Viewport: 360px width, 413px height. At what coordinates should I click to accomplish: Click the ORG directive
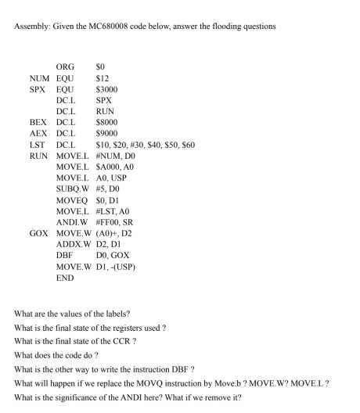click(67, 67)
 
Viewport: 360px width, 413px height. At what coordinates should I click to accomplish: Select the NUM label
click(40, 78)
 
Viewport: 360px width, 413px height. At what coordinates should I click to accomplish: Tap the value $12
click(101, 78)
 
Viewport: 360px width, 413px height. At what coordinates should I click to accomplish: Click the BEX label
click(39, 122)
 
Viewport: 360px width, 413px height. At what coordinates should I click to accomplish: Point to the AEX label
click(39, 133)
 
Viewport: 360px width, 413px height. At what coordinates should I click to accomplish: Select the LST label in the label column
click(38, 144)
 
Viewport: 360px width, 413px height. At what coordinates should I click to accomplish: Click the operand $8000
click(106, 122)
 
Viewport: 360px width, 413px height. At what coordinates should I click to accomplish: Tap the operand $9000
click(106, 133)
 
